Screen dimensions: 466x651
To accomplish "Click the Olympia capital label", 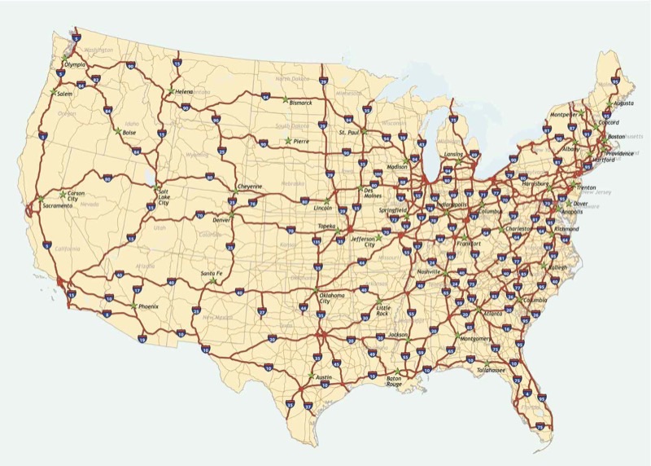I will tap(74, 64).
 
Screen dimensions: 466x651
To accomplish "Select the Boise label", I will tap(129, 133).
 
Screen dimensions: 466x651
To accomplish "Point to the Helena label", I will tap(183, 92).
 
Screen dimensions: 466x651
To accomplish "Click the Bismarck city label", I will tap(300, 103).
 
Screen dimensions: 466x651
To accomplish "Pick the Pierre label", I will tap(302, 142).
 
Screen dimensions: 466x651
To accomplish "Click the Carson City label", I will tap(76, 196).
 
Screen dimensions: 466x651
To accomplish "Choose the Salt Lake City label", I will tap(164, 196).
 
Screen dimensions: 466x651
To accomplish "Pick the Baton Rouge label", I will tap(394, 380).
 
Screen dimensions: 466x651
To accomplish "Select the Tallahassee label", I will tap(492, 371).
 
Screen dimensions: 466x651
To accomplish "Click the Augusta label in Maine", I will tap(623, 104).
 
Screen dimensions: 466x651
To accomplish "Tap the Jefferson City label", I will tap(362, 242).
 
